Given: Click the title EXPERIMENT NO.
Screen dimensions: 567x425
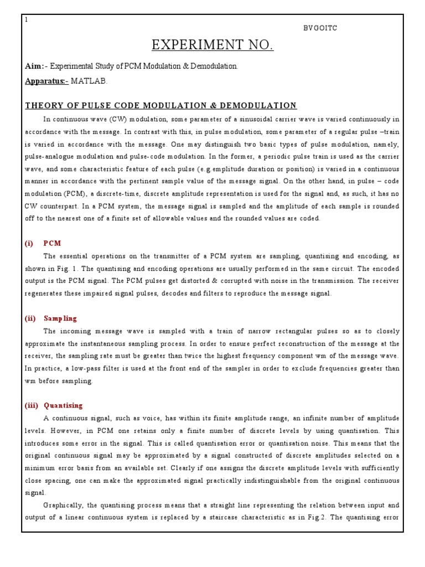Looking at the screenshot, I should click(x=212, y=45).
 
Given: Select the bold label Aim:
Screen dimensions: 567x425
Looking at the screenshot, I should click(x=34, y=66).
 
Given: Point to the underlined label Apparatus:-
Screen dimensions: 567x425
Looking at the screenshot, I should click(x=46, y=81).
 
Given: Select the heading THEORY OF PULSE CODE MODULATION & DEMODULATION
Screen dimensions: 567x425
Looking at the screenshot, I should click(x=160, y=105).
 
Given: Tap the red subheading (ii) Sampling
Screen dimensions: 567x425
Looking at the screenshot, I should click(x=51, y=318).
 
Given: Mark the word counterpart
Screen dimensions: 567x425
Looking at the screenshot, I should click(x=65, y=206).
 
